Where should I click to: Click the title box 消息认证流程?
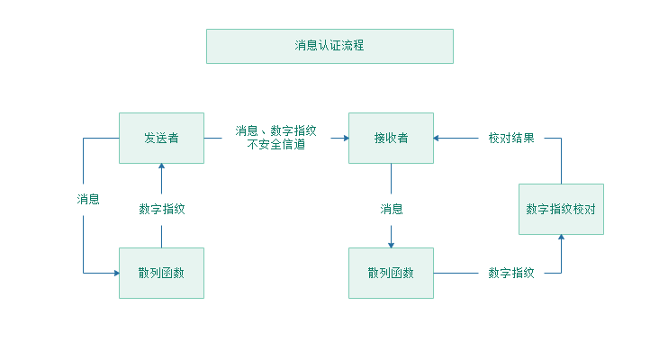click(x=329, y=46)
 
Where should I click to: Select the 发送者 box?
click(x=161, y=138)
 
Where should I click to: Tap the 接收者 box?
click(x=391, y=138)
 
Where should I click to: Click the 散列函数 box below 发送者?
click(x=161, y=273)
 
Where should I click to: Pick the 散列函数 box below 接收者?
click(x=391, y=273)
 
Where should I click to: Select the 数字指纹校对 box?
click(x=561, y=209)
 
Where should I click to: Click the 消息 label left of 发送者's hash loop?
click(x=88, y=200)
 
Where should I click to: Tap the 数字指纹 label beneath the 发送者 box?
click(x=162, y=209)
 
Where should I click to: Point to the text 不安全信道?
click(x=275, y=144)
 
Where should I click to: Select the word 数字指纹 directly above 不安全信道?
click(x=293, y=130)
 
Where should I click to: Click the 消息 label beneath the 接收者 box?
click(x=391, y=209)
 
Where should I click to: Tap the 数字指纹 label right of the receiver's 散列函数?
click(x=511, y=273)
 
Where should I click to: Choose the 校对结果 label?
click(x=511, y=139)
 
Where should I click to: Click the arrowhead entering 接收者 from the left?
click(x=345, y=139)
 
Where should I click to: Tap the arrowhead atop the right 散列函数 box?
click(x=391, y=244)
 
